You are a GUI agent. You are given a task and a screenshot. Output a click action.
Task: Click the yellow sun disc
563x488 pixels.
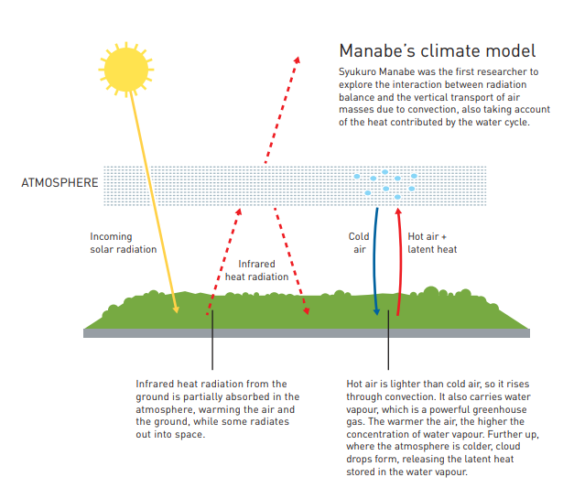pyautogui.click(x=126, y=70)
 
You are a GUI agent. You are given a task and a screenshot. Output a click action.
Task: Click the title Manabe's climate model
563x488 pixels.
pyautogui.click(x=438, y=50)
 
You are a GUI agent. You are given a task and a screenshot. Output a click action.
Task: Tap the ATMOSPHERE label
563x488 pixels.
pyautogui.click(x=60, y=183)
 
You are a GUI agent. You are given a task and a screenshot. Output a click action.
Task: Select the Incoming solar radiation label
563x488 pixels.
pyautogui.click(x=124, y=243)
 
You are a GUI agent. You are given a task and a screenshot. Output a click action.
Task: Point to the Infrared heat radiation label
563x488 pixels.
pyautogui.click(x=256, y=270)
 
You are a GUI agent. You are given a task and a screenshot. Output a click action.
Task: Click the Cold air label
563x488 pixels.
pyautogui.click(x=359, y=243)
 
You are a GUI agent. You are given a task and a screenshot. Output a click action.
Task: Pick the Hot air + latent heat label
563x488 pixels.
pyautogui.click(x=432, y=243)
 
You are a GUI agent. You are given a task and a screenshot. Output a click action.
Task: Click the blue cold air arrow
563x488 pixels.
pyautogui.click(x=374, y=262)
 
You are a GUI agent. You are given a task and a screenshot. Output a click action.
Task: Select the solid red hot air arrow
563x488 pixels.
pyautogui.click(x=400, y=262)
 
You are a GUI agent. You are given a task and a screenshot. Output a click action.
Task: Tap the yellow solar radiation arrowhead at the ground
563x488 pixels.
pyautogui.click(x=176, y=309)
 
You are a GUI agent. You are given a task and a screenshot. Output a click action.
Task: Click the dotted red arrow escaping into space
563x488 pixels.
pyautogui.click(x=282, y=110)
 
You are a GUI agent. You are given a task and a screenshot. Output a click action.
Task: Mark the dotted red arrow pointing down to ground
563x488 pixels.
pyautogui.click(x=291, y=261)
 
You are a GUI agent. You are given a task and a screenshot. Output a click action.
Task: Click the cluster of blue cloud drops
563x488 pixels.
pyautogui.click(x=385, y=185)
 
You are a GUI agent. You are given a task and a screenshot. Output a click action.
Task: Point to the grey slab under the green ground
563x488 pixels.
pyautogui.click(x=307, y=333)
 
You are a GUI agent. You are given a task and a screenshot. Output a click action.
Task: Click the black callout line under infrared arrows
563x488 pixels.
pyautogui.click(x=212, y=340)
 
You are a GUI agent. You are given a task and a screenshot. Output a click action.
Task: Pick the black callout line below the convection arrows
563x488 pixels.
pyautogui.click(x=388, y=340)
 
